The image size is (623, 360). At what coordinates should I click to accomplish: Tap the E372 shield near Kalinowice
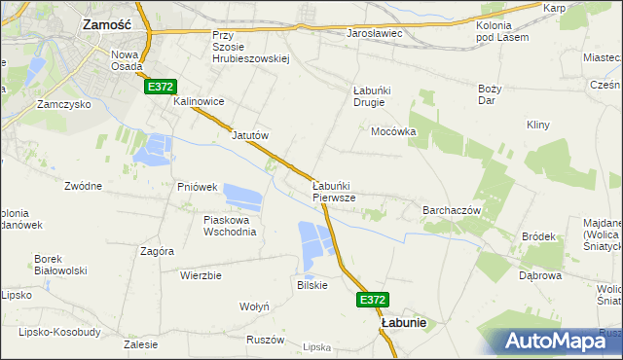pos(161,88)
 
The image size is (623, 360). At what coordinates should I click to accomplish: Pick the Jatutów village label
pos(249,135)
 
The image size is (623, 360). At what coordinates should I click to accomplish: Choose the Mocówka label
pos(394,130)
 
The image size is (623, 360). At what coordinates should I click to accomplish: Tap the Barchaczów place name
pos(453,209)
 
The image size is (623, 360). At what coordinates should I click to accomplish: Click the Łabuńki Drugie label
pos(371,97)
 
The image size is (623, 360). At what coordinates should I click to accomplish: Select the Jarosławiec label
pos(374,34)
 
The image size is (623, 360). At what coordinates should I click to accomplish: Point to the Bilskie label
pos(311,285)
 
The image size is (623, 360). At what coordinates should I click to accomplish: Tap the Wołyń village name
pos(254,306)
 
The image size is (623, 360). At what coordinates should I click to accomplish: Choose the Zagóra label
pos(157,250)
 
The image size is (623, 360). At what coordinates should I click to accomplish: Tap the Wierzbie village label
pos(201,275)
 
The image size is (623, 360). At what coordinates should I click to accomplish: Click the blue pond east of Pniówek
pos(243,196)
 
